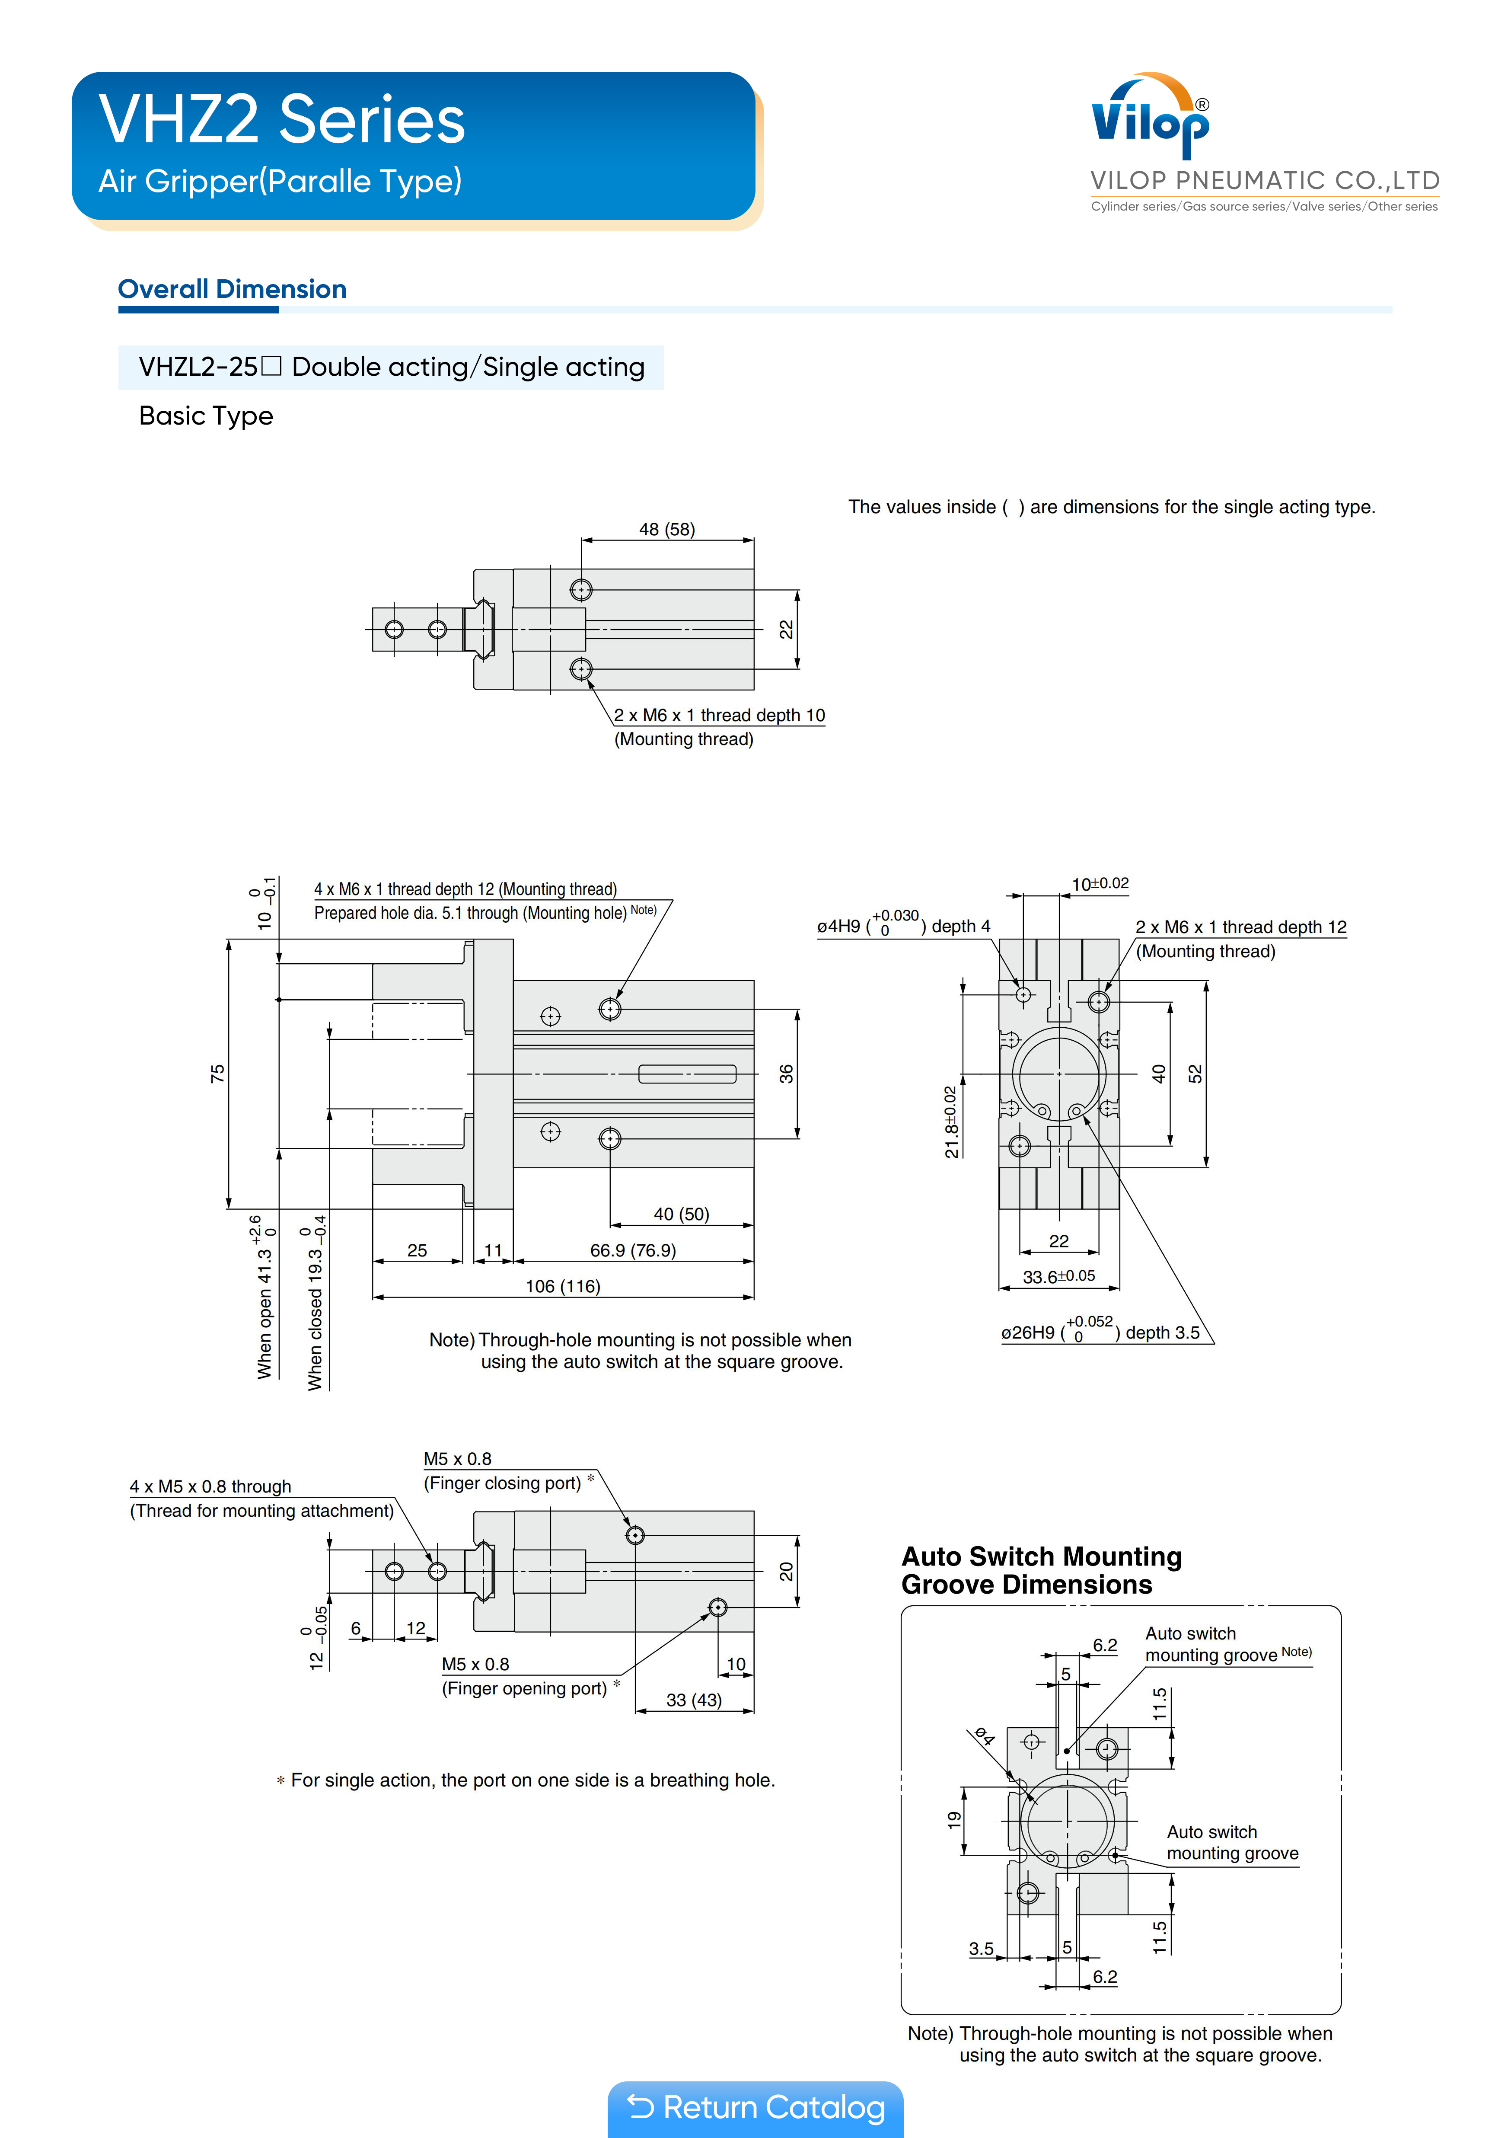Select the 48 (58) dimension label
[666, 529]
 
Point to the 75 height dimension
[217, 1074]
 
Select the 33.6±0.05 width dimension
[1058, 1276]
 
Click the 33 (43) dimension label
[694, 1700]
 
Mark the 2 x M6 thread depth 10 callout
[719, 715]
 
